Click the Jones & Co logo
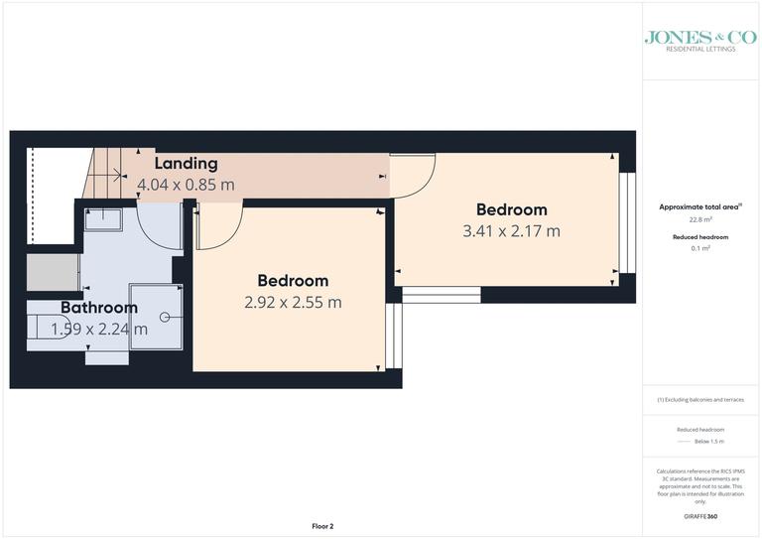700,40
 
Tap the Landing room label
186,164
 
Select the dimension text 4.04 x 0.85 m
186,185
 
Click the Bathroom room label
98,308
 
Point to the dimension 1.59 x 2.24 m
99,329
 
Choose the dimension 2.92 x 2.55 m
292,302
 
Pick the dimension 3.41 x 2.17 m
511,231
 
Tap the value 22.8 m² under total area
700,219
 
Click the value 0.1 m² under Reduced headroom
700,248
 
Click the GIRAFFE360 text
700,517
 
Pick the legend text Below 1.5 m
709,441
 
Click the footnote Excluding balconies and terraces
700,400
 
